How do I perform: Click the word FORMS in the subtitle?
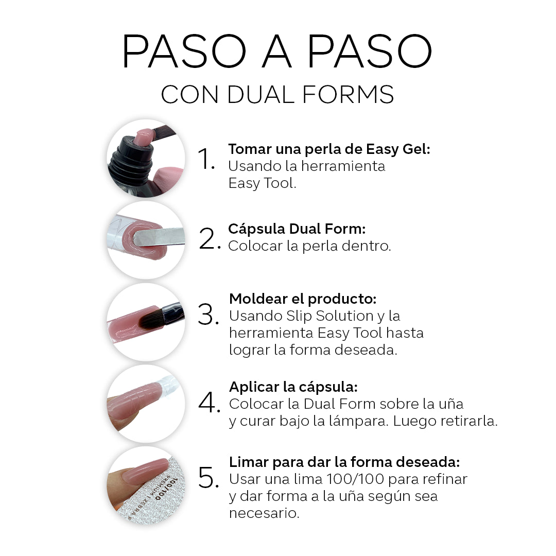pyautogui.click(x=348, y=95)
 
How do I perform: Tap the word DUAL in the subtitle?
pyautogui.click(x=260, y=95)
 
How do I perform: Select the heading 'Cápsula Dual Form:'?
pyautogui.click(x=297, y=229)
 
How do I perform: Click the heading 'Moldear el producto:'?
pyautogui.click(x=303, y=299)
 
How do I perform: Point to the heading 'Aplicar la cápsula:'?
pyautogui.click(x=293, y=387)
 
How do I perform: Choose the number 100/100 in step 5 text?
pyautogui.click(x=355, y=479)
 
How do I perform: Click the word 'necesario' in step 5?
pyautogui.click(x=263, y=513)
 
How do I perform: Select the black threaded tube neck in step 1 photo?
pyautogui.click(x=132, y=160)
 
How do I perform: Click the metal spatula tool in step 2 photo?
pyautogui.click(x=159, y=236)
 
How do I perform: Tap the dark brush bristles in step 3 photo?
pyautogui.click(x=151, y=319)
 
